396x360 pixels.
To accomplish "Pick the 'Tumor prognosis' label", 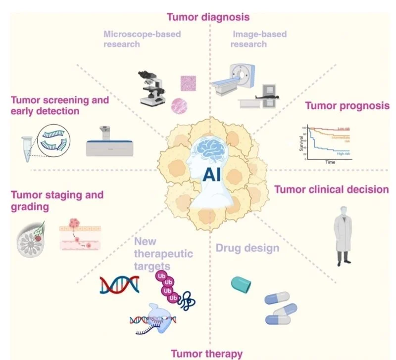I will [347, 106].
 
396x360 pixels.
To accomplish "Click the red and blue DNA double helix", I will [119, 284].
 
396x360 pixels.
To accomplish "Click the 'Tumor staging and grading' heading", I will [57, 200].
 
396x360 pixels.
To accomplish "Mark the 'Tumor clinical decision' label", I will [332, 189].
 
